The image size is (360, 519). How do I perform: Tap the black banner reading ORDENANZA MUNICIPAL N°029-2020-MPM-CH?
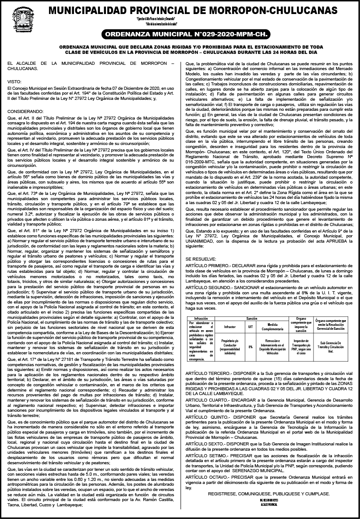180,35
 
